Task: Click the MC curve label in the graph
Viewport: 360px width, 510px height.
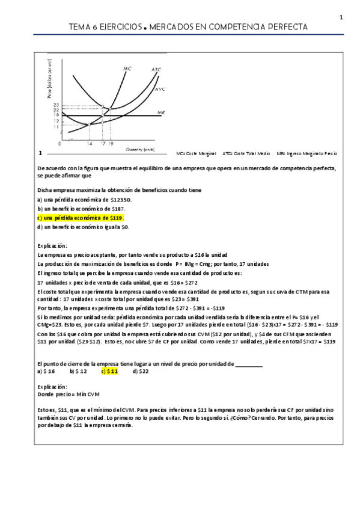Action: point(127,69)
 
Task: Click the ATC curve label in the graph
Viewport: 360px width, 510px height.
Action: point(156,69)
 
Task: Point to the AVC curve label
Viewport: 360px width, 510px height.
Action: point(160,89)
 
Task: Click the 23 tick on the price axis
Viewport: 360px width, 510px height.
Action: point(56,105)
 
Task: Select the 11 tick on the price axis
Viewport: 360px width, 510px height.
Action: point(56,127)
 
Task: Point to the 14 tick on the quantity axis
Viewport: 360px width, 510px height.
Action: point(90,144)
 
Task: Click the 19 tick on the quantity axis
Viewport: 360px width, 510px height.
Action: point(111,144)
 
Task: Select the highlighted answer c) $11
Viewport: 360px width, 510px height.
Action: point(109,371)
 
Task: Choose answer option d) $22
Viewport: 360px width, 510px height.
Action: point(141,371)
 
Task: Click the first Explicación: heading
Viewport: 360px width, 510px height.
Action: point(52,245)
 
